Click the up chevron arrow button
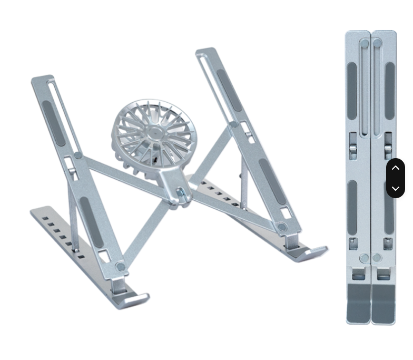396,168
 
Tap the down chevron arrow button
396,188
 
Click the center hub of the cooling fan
154,132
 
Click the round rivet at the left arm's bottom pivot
121,267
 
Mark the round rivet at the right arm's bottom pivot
282,227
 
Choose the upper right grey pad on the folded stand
390,90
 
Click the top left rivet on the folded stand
365,44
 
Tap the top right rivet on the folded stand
377,44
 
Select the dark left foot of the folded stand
358,303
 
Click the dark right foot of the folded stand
383,303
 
